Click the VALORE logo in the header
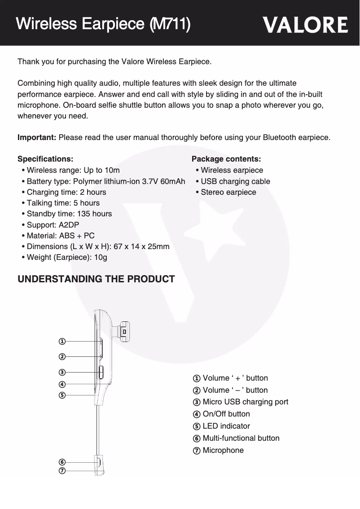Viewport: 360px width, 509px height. point(305,25)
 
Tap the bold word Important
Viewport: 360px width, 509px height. point(36,137)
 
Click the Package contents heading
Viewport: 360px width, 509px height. point(226,159)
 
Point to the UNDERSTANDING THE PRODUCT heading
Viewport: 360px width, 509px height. point(96,279)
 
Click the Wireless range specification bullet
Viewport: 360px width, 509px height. point(73,170)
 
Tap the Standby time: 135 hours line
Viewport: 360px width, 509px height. point(69,214)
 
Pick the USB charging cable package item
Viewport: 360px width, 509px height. point(235,181)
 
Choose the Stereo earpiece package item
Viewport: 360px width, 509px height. point(228,192)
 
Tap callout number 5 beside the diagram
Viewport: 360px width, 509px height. point(62,395)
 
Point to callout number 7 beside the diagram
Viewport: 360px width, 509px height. point(62,470)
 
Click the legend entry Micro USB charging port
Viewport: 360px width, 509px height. point(245,402)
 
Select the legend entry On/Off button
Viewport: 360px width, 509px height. point(226,414)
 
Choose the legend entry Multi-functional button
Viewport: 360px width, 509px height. point(241,438)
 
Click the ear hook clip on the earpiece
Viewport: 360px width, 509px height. point(124,331)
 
